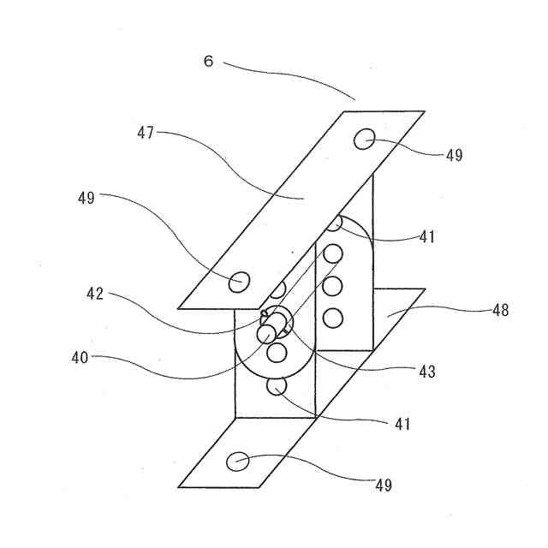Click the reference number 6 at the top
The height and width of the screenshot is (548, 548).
[208, 62]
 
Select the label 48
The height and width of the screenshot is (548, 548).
[499, 310]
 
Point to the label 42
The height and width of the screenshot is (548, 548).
[95, 294]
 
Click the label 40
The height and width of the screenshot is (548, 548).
[80, 356]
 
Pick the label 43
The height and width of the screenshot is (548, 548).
[426, 372]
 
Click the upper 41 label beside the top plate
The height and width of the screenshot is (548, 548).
[427, 237]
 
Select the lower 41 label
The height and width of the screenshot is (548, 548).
[402, 423]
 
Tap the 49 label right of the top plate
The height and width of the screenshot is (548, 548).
[453, 155]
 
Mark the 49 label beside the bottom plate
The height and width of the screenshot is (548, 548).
[383, 485]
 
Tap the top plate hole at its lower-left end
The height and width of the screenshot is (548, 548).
[241, 280]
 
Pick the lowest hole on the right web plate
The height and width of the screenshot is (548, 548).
[333, 319]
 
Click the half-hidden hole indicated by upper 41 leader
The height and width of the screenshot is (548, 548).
[337, 223]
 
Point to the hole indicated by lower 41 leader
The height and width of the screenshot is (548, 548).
[277, 387]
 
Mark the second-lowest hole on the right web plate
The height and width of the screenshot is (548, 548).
[333, 285]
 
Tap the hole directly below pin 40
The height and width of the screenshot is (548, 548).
[276, 351]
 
